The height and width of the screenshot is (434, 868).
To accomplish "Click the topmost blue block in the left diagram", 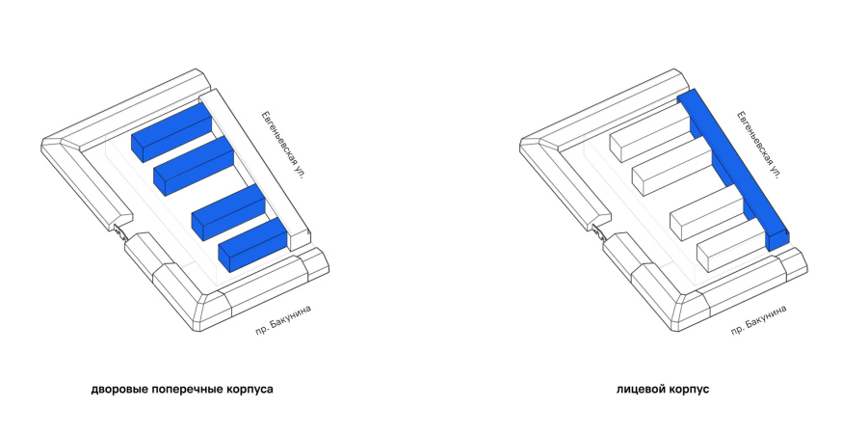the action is click(x=171, y=133).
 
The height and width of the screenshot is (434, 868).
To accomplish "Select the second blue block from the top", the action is click(x=194, y=165).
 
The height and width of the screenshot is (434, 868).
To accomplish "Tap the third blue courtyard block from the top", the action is click(x=228, y=212).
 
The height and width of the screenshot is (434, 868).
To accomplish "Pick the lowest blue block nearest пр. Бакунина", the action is click(x=252, y=244).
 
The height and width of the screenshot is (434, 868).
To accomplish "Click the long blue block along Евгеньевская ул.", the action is click(x=733, y=169).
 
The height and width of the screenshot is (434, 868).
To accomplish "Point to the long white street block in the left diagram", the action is click(x=254, y=169).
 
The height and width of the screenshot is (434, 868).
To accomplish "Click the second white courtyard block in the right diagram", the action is click(x=671, y=165).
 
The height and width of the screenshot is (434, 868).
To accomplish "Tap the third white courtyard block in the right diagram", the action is click(x=706, y=212).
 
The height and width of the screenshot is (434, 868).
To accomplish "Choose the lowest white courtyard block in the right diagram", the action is click(x=730, y=244).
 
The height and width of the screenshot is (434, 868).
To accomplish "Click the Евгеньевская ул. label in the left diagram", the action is click(x=284, y=145).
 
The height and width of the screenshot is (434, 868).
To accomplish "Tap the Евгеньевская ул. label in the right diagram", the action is click(x=759, y=145).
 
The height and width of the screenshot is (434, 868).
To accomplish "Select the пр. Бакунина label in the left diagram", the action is click(x=283, y=320).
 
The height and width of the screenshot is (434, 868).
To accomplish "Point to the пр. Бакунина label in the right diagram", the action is click(x=758, y=320).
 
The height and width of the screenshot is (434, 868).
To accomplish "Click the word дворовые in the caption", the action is click(x=119, y=390).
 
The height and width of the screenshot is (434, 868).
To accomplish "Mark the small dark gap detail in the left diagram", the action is click(x=120, y=231).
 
